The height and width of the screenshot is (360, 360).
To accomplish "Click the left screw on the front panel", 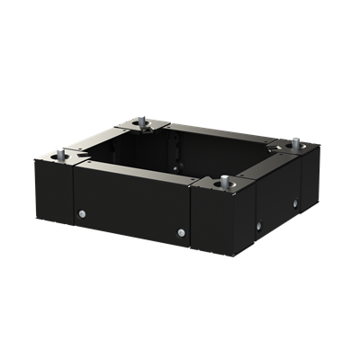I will tap(83, 213).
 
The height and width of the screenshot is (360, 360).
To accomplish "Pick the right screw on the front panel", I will tap(181, 233).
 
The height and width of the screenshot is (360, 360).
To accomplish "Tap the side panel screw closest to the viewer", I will tap(258, 224).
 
